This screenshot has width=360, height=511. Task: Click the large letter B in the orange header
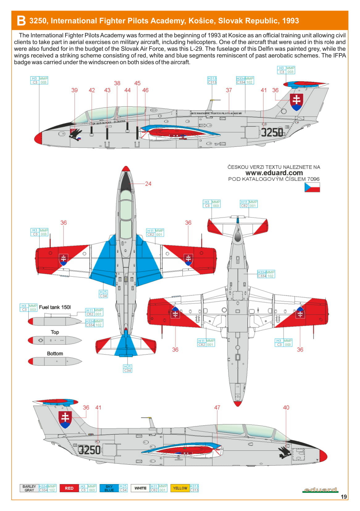pyautogui.click(x=21, y=21)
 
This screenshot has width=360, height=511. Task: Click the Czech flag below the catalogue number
pyautogui.click(x=312, y=187)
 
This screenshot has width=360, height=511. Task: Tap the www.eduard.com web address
pyautogui.click(x=274, y=173)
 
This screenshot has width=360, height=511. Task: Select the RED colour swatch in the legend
pyautogui.click(x=69, y=488)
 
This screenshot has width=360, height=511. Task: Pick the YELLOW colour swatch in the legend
pyautogui.click(x=180, y=488)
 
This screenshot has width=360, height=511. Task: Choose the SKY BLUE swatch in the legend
pyautogui.click(x=109, y=488)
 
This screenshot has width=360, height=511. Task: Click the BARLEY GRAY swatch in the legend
pyautogui.click(x=29, y=488)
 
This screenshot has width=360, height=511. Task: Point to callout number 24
pyautogui.click(x=148, y=184)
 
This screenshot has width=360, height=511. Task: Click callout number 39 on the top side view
pyautogui.click(x=74, y=90)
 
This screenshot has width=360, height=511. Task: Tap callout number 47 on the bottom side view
pyautogui.click(x=217, y=408)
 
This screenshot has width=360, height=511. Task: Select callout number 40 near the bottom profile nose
pyautogui.click(x=286, y=408)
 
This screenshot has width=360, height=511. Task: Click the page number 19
pyautogui.click(x=344, y=497)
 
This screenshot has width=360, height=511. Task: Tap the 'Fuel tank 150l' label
pyautogui.click(x=55, y=307)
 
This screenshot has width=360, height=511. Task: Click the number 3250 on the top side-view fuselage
pyautogui.click(x=272, y=132)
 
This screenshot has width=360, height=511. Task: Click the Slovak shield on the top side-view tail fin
pyautogui.click(x=296, y=102)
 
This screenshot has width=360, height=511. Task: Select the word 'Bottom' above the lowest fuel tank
pyautogui.click(x=55, y=353)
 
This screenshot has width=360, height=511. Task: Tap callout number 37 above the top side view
pyautogui.click(x=228, y=90)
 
